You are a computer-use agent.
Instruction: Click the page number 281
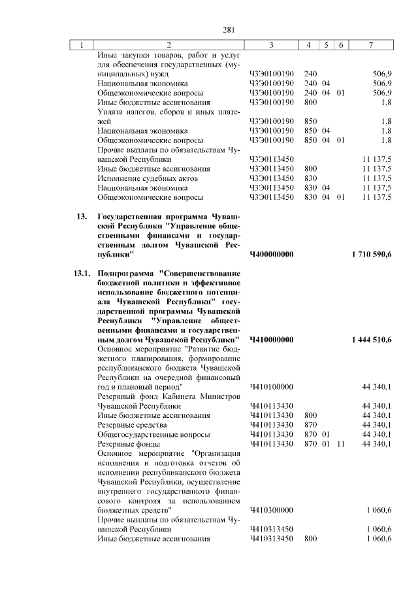click(229, 29)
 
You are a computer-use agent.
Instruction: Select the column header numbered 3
click(270, 45)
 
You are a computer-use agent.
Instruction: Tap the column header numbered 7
click(370, 45)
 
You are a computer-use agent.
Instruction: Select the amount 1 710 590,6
click(371, 254)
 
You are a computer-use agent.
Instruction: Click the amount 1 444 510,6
click(371, 340)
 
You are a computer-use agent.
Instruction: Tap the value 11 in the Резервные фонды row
click(340, 443)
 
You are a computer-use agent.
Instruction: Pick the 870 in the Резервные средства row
click(310, 424)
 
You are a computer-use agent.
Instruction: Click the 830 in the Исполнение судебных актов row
click(310, 178)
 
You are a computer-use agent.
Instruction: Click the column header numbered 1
click(82, 45)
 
